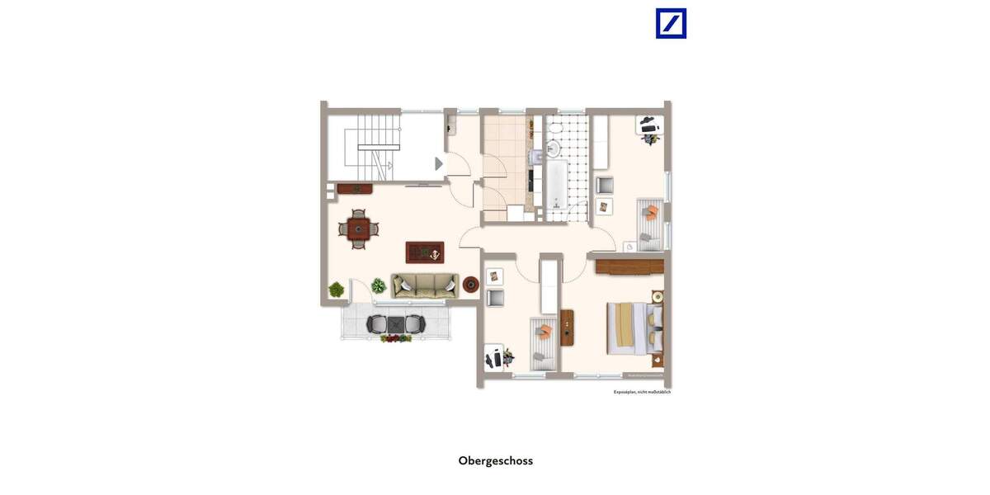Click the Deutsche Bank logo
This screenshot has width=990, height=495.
click(x=671, y=23)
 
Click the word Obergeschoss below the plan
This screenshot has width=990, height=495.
click(x=495, y=461)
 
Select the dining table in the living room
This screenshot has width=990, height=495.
click(x=358, y=229)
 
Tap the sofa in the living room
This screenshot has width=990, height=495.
click(x=425, y=285)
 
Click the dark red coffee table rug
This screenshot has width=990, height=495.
click(x=425, y=252)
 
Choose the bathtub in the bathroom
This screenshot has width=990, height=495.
click(x=556, y=183)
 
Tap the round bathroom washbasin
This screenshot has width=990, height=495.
click(x=552, y=148)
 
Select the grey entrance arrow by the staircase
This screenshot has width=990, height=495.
click(x=439, y=163)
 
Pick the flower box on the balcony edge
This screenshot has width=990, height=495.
click(x=396, y=338)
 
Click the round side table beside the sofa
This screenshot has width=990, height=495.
click(x=471, y=285)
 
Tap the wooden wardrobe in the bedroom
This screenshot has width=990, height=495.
click(x=629, y=266)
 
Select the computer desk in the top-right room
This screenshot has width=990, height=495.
click(x=650, y=126)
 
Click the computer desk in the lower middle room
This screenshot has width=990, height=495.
click(x=495, y=358)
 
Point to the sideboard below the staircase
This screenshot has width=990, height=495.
click(x=355, y=189)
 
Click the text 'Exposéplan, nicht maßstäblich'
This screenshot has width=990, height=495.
click(x=642, y=392)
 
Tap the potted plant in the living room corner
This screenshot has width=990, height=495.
click(x=337, y=290)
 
